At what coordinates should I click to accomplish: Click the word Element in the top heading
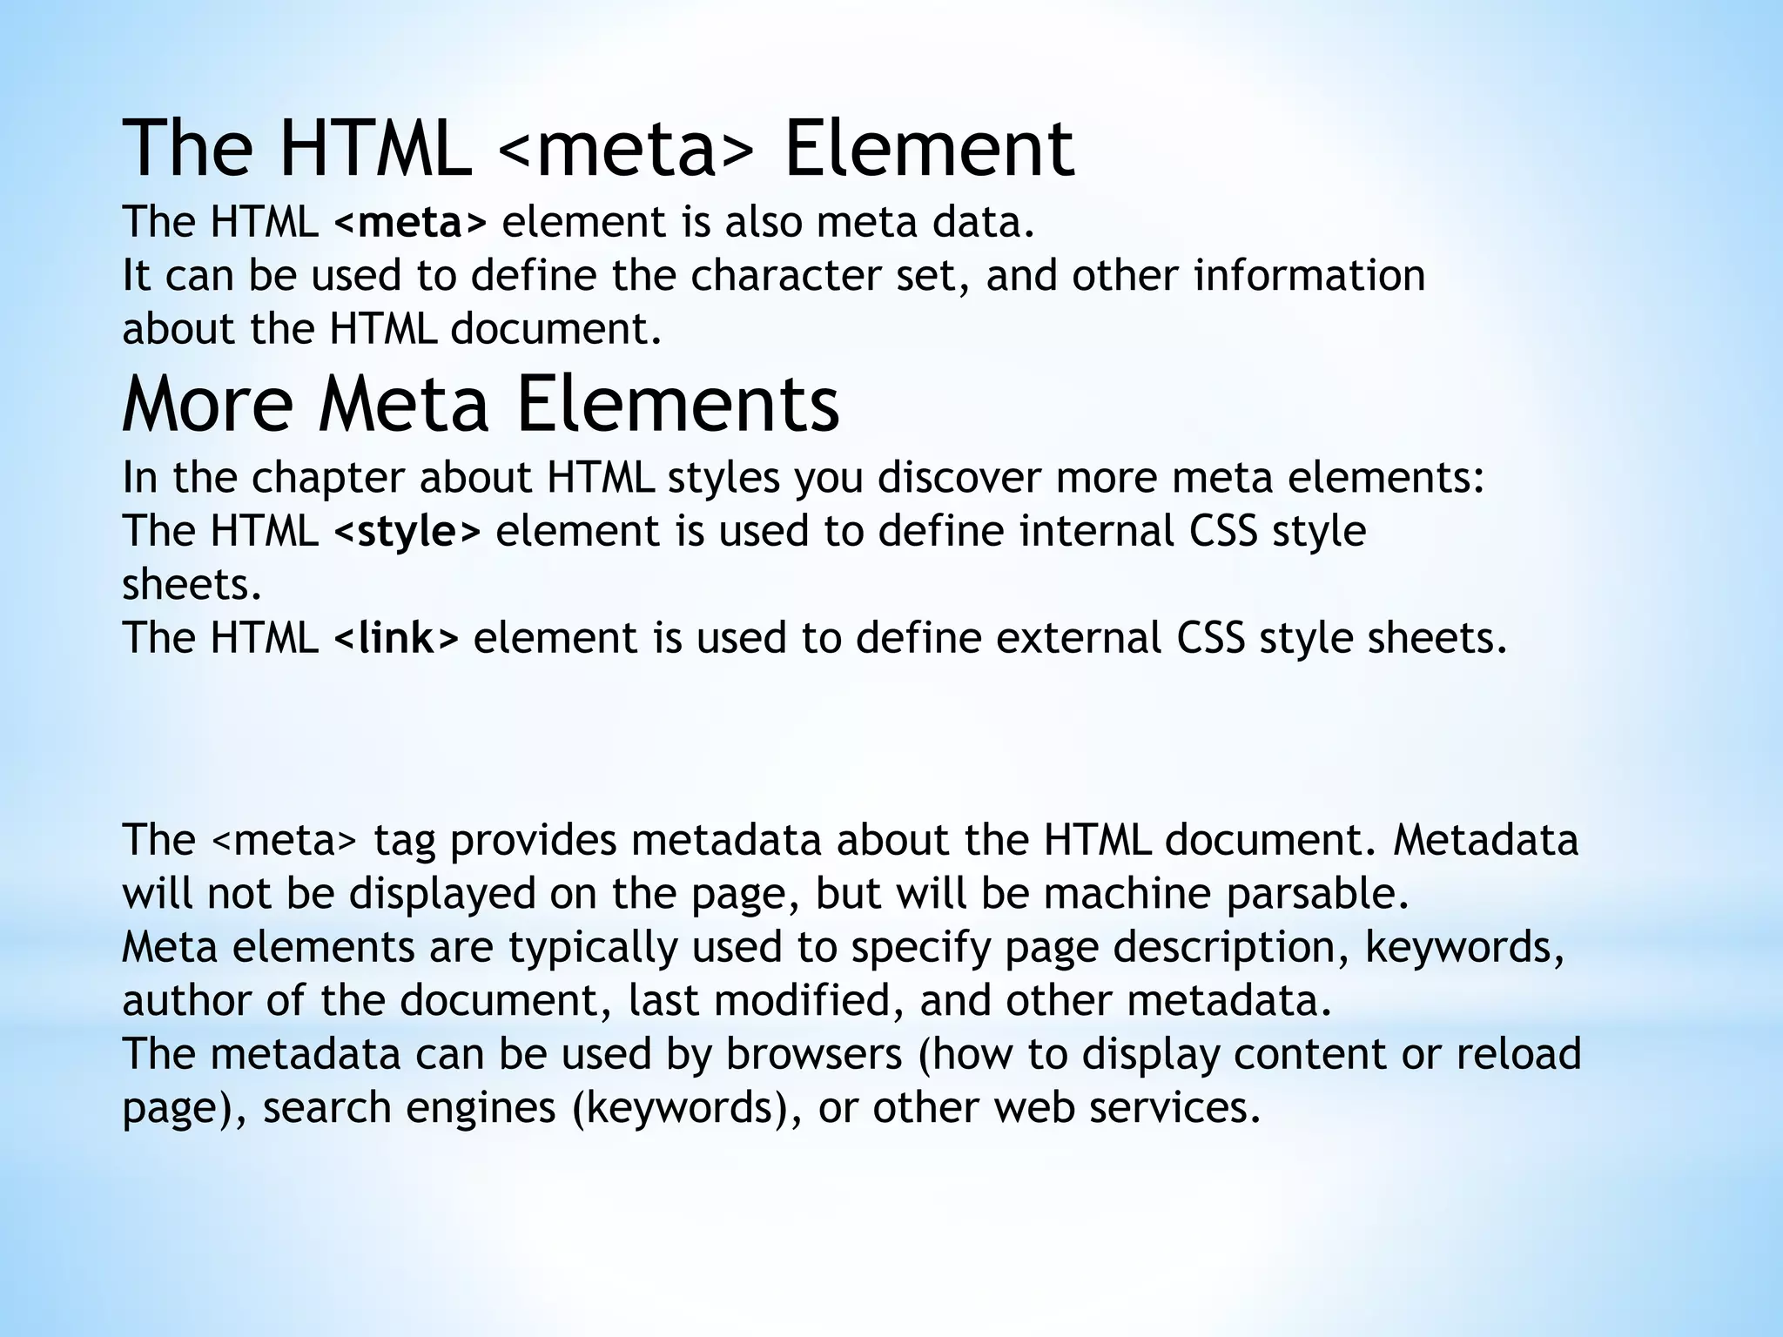(929, 150)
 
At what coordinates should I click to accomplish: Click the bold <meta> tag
(410, 223)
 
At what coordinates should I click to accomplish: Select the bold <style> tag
(407, 532)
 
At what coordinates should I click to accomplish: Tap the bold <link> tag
(395, 639)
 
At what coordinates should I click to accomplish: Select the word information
(1309, 276)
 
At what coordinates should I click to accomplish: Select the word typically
(593, 948)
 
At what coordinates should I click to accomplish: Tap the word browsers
(813, 1054)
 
